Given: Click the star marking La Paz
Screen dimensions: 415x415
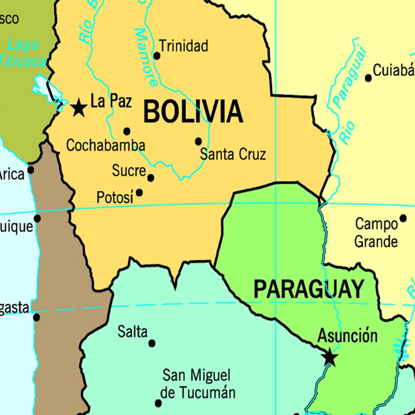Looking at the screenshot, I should click(x=79, y=108).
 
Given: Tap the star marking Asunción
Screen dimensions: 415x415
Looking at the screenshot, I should click(x=330, y=357).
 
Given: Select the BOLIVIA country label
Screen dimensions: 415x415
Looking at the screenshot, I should click(x=193, y=112).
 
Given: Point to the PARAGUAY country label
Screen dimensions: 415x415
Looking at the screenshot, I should click(x=308, y=289).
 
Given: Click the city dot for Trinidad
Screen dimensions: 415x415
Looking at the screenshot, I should click(x=157, y=56).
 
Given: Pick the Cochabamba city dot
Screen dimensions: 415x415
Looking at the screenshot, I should click(x=127, y=131).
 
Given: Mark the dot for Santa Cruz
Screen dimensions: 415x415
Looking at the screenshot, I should click(x=199, y=141).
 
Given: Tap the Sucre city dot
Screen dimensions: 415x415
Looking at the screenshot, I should click(x=151, y=178).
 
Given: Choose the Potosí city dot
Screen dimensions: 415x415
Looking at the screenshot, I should click(x=139, y=193).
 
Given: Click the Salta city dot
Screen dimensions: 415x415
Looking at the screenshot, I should click(x=152, y=343).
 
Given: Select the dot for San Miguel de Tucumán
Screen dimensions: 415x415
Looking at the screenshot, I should click(x=158, y=403).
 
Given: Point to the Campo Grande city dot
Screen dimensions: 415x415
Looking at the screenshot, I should click(x=403, y=218).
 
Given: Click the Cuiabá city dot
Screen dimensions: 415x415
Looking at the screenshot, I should click(x=368, y=78).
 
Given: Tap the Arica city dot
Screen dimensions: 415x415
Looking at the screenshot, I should click(x=31, y=170).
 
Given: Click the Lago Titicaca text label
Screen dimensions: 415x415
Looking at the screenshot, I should click(x=23, y=53).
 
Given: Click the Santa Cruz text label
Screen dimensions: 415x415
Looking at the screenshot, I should click(x=233, y=155).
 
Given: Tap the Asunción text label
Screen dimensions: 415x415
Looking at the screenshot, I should click(x=347, y=336).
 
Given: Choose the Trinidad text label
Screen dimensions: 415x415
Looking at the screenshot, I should click(x=184, y=46).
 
